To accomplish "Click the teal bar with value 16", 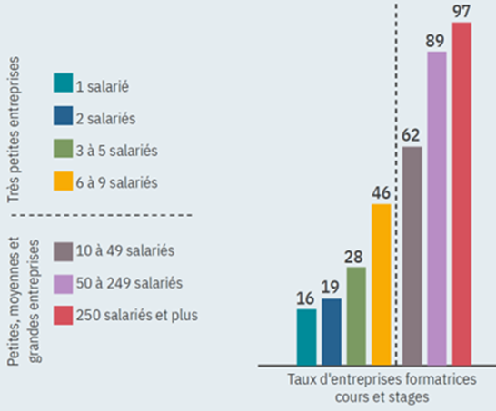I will point(307,337).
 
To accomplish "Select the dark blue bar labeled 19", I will point(332,331).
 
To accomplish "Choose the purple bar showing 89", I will point(437,208).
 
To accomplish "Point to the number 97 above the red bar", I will point(462,12).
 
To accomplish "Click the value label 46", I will point(381,192).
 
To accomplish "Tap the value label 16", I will point(307,298).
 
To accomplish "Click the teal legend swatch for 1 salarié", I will point(64,83).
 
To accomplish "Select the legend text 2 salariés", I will point(107,117).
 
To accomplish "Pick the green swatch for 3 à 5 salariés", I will point(64,150).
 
